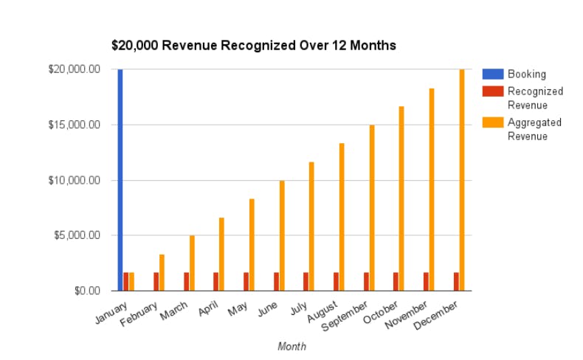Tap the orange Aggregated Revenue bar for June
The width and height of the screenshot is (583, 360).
(x=282, y=235)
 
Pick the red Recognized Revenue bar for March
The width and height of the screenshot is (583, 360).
(x=186, y=281)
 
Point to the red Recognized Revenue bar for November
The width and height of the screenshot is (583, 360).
(x=426, y=281)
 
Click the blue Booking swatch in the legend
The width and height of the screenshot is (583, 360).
(x=492, y=74)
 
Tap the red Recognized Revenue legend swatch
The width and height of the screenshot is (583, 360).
(x=492, y=91)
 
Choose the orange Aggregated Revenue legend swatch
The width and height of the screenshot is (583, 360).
(x=492, y=122)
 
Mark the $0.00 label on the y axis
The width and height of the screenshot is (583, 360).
(x=85, y=291)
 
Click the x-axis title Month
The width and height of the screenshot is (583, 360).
(x=291, y=346)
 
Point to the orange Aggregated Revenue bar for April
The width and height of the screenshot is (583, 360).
(x=221, y=254)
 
